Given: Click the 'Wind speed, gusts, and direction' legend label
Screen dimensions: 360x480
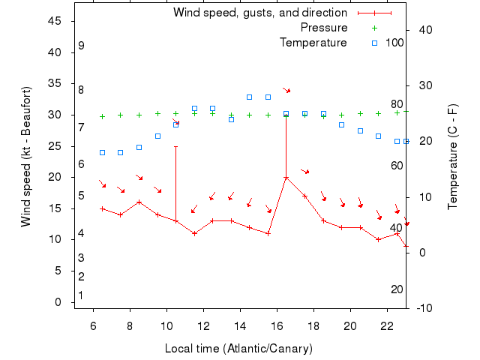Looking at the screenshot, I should click(x=259, y=13).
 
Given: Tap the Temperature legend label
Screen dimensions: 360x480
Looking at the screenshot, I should click(x=313, y=43).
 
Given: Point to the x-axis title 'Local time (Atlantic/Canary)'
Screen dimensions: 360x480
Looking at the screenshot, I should click(x=238, y=349).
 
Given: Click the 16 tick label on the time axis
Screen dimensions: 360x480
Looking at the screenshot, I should click(x=277, y=325).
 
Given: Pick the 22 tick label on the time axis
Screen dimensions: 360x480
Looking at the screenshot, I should click(x=387, y=325).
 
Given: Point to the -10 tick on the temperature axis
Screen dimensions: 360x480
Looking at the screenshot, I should click(x=422, y=308).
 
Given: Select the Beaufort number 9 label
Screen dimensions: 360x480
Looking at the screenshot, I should click(x=81, y=46).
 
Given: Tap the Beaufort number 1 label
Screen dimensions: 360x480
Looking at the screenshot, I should click(x=81, y=295).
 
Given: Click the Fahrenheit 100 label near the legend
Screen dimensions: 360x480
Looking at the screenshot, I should click(x=394, y=43).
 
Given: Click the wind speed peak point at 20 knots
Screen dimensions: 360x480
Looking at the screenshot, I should click(x=286, y=178).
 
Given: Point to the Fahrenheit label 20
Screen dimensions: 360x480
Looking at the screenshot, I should click(x=397, y=289).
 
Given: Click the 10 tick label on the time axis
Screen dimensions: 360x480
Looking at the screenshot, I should click(x=166, y=325).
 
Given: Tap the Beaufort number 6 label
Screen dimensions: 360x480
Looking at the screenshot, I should click(x=81, y=164).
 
